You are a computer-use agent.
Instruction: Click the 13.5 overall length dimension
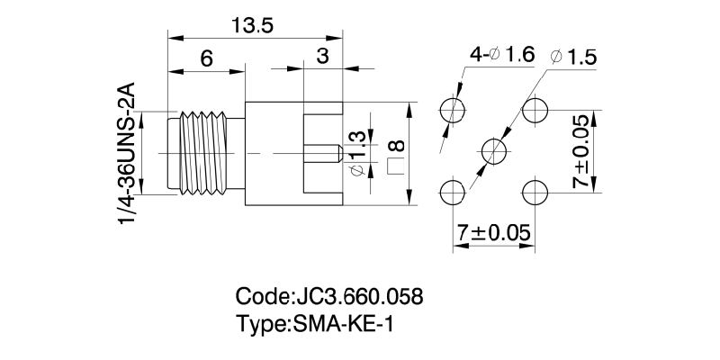point(253,25)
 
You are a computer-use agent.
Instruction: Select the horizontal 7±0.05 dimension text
point(493,233)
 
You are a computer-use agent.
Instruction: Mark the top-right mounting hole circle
point(535,111)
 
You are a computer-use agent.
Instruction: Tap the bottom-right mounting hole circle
point(535,193)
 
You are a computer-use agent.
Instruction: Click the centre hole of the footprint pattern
point(494,150)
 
